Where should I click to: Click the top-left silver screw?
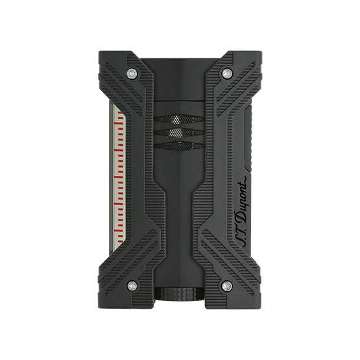pos(132,73)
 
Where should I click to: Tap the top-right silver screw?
pos(227,73)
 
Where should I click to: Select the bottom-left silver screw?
pos(132,286)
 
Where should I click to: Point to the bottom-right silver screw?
pos(227,286)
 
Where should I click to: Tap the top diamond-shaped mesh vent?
pos(179,119)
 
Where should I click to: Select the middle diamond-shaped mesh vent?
pos(179,132)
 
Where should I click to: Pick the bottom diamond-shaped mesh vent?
pos(179,146)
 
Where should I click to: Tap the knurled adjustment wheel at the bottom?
pos(179,294)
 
